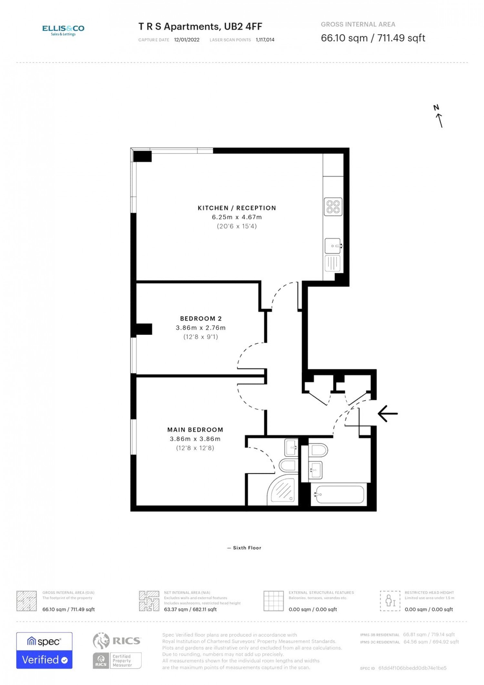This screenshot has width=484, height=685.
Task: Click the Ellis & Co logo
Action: pyautogui.click(x=63, y=30)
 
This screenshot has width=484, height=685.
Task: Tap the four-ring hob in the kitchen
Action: pyautogui.click(x=333, y=207)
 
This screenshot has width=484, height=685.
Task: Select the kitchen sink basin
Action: pyautogui.click(x=333, y=246)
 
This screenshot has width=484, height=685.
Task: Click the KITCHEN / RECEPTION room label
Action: pyautogui.click(x=237, y=208)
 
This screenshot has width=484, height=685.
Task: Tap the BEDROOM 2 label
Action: pyautogui.click(x=201, y=319)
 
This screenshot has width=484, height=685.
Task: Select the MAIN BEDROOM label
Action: pyautogui.click(x=195, y=430)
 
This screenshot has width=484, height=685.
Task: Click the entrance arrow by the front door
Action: pyautogui.click(x=388, y=414)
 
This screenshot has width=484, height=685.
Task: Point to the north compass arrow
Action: pyautogui.click(x=439, y=120)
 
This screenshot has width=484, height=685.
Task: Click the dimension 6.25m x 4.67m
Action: pyautogui.click(x=237, y=217)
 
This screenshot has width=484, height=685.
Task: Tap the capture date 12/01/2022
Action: pyautogui.click(x=187, y=40)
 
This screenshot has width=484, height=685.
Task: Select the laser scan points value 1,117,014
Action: pyautogui.click(x=265, y=40)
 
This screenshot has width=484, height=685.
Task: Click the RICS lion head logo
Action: pyautogui.click(x=101, y=641)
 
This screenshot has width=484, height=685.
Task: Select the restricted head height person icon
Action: pyautogui.click(x=390, y=601)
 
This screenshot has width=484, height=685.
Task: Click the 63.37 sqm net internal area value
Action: pyautogui.click(x=190, y=609)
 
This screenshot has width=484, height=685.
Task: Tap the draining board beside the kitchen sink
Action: pyautogui.click(x=333, y=263)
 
